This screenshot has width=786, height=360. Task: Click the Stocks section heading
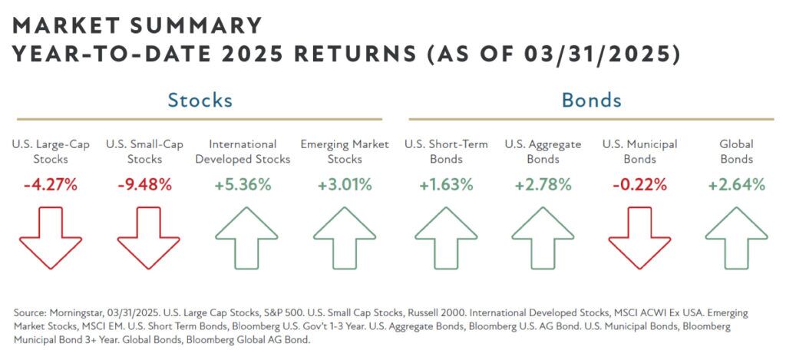click(200, 100)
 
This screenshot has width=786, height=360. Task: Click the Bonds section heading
click(591, 100)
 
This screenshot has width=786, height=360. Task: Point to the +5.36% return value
click(243, 185)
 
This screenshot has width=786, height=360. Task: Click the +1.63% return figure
click(446, 185)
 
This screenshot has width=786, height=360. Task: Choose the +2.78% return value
click(543, 185)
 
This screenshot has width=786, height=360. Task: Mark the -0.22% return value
click(640, 185)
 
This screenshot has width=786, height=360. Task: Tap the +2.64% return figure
click(736, 185)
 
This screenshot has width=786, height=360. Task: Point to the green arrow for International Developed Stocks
click(243, 238)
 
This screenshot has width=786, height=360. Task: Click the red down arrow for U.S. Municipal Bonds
click(640, 238)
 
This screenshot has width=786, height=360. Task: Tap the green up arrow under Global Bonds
click(736, 238)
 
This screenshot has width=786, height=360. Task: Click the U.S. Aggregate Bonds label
click(543, 151)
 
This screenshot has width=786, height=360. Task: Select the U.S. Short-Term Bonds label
click(446, 151)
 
